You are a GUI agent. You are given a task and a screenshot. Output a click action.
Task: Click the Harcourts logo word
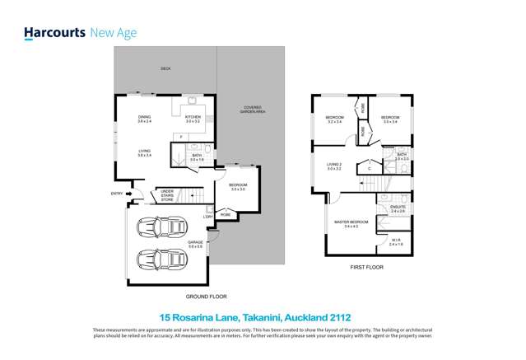(x=54, y=33)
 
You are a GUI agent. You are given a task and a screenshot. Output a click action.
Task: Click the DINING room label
(x=144, y=119)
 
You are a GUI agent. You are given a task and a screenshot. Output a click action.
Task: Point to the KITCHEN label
(x=193, y=119)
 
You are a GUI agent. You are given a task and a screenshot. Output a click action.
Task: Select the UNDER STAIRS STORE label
(x=166, y=195)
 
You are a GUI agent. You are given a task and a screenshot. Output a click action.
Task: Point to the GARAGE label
(x=195, y=241)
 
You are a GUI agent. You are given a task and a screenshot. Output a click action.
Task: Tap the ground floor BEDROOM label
(x=237, y=186)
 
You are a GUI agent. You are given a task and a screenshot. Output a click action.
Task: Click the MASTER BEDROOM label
(x=351, y=222)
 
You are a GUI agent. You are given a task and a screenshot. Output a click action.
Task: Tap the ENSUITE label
(x=398, y=208)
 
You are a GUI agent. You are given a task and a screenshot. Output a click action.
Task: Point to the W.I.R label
(x=396, y=241)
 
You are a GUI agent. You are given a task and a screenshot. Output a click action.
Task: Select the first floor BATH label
(x=401, y=155)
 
